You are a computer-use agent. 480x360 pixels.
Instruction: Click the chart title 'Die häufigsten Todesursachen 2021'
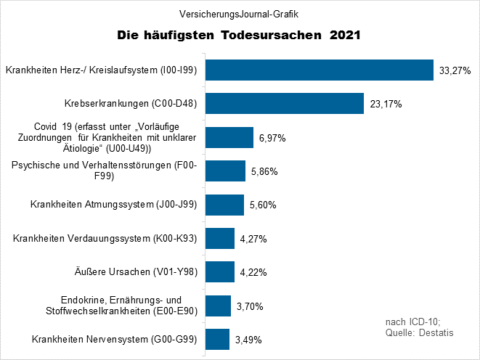point(240,35)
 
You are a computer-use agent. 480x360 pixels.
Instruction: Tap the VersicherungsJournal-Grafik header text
point(240,14)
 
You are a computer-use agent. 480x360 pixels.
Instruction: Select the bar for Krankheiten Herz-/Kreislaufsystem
point(320,70)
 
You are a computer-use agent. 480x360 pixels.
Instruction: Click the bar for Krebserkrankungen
point(285,104)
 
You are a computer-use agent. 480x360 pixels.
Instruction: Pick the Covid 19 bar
point(229,137)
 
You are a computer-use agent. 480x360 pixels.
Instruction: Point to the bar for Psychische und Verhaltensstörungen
point(226,171)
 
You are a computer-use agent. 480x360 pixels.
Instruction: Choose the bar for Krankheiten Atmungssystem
point(225,205)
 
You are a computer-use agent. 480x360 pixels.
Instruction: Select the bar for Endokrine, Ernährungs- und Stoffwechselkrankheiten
point(219,306)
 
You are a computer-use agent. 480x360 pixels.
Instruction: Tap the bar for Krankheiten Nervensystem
point(218,339)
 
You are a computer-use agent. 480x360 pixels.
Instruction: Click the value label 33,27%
point(455,71)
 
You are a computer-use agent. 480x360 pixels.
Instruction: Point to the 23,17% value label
point(386,105)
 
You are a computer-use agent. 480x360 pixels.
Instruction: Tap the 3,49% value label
point(248,340)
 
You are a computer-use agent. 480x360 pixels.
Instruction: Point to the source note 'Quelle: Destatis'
point(419,332)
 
